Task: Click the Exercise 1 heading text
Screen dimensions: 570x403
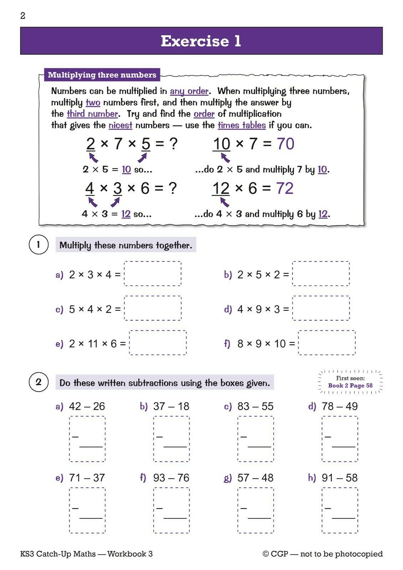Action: (201, 41)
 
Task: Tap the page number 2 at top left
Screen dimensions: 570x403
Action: (23, 16)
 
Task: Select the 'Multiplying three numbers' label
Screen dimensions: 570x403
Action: (102, 75)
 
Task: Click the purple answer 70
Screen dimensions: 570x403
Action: (285, 144)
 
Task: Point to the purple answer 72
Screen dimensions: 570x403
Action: (285, 188)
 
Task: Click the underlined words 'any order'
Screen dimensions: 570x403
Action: (189, 91)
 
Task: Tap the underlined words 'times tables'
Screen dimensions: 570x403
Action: (242, 125)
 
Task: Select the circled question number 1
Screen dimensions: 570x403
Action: (38, 245)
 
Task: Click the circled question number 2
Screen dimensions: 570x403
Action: (38, 382)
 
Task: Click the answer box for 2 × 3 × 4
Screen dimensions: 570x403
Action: (153, 274)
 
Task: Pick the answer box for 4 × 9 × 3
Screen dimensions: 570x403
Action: (321, 308)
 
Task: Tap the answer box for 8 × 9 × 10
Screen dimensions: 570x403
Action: (326, 343)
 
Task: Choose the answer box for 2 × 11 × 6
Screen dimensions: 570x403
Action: (157, 343)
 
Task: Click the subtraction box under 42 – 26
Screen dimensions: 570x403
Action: (87, 439)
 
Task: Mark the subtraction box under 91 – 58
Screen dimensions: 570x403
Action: (340, 510)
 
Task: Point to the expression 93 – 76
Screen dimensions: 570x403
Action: (171, 478)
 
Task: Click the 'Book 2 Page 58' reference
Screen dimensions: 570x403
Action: (350, 385)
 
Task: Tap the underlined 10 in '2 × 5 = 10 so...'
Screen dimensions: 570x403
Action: (126, 170)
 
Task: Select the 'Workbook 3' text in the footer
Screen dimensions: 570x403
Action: (130, 554)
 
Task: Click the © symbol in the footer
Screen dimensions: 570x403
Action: (265, 554)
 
